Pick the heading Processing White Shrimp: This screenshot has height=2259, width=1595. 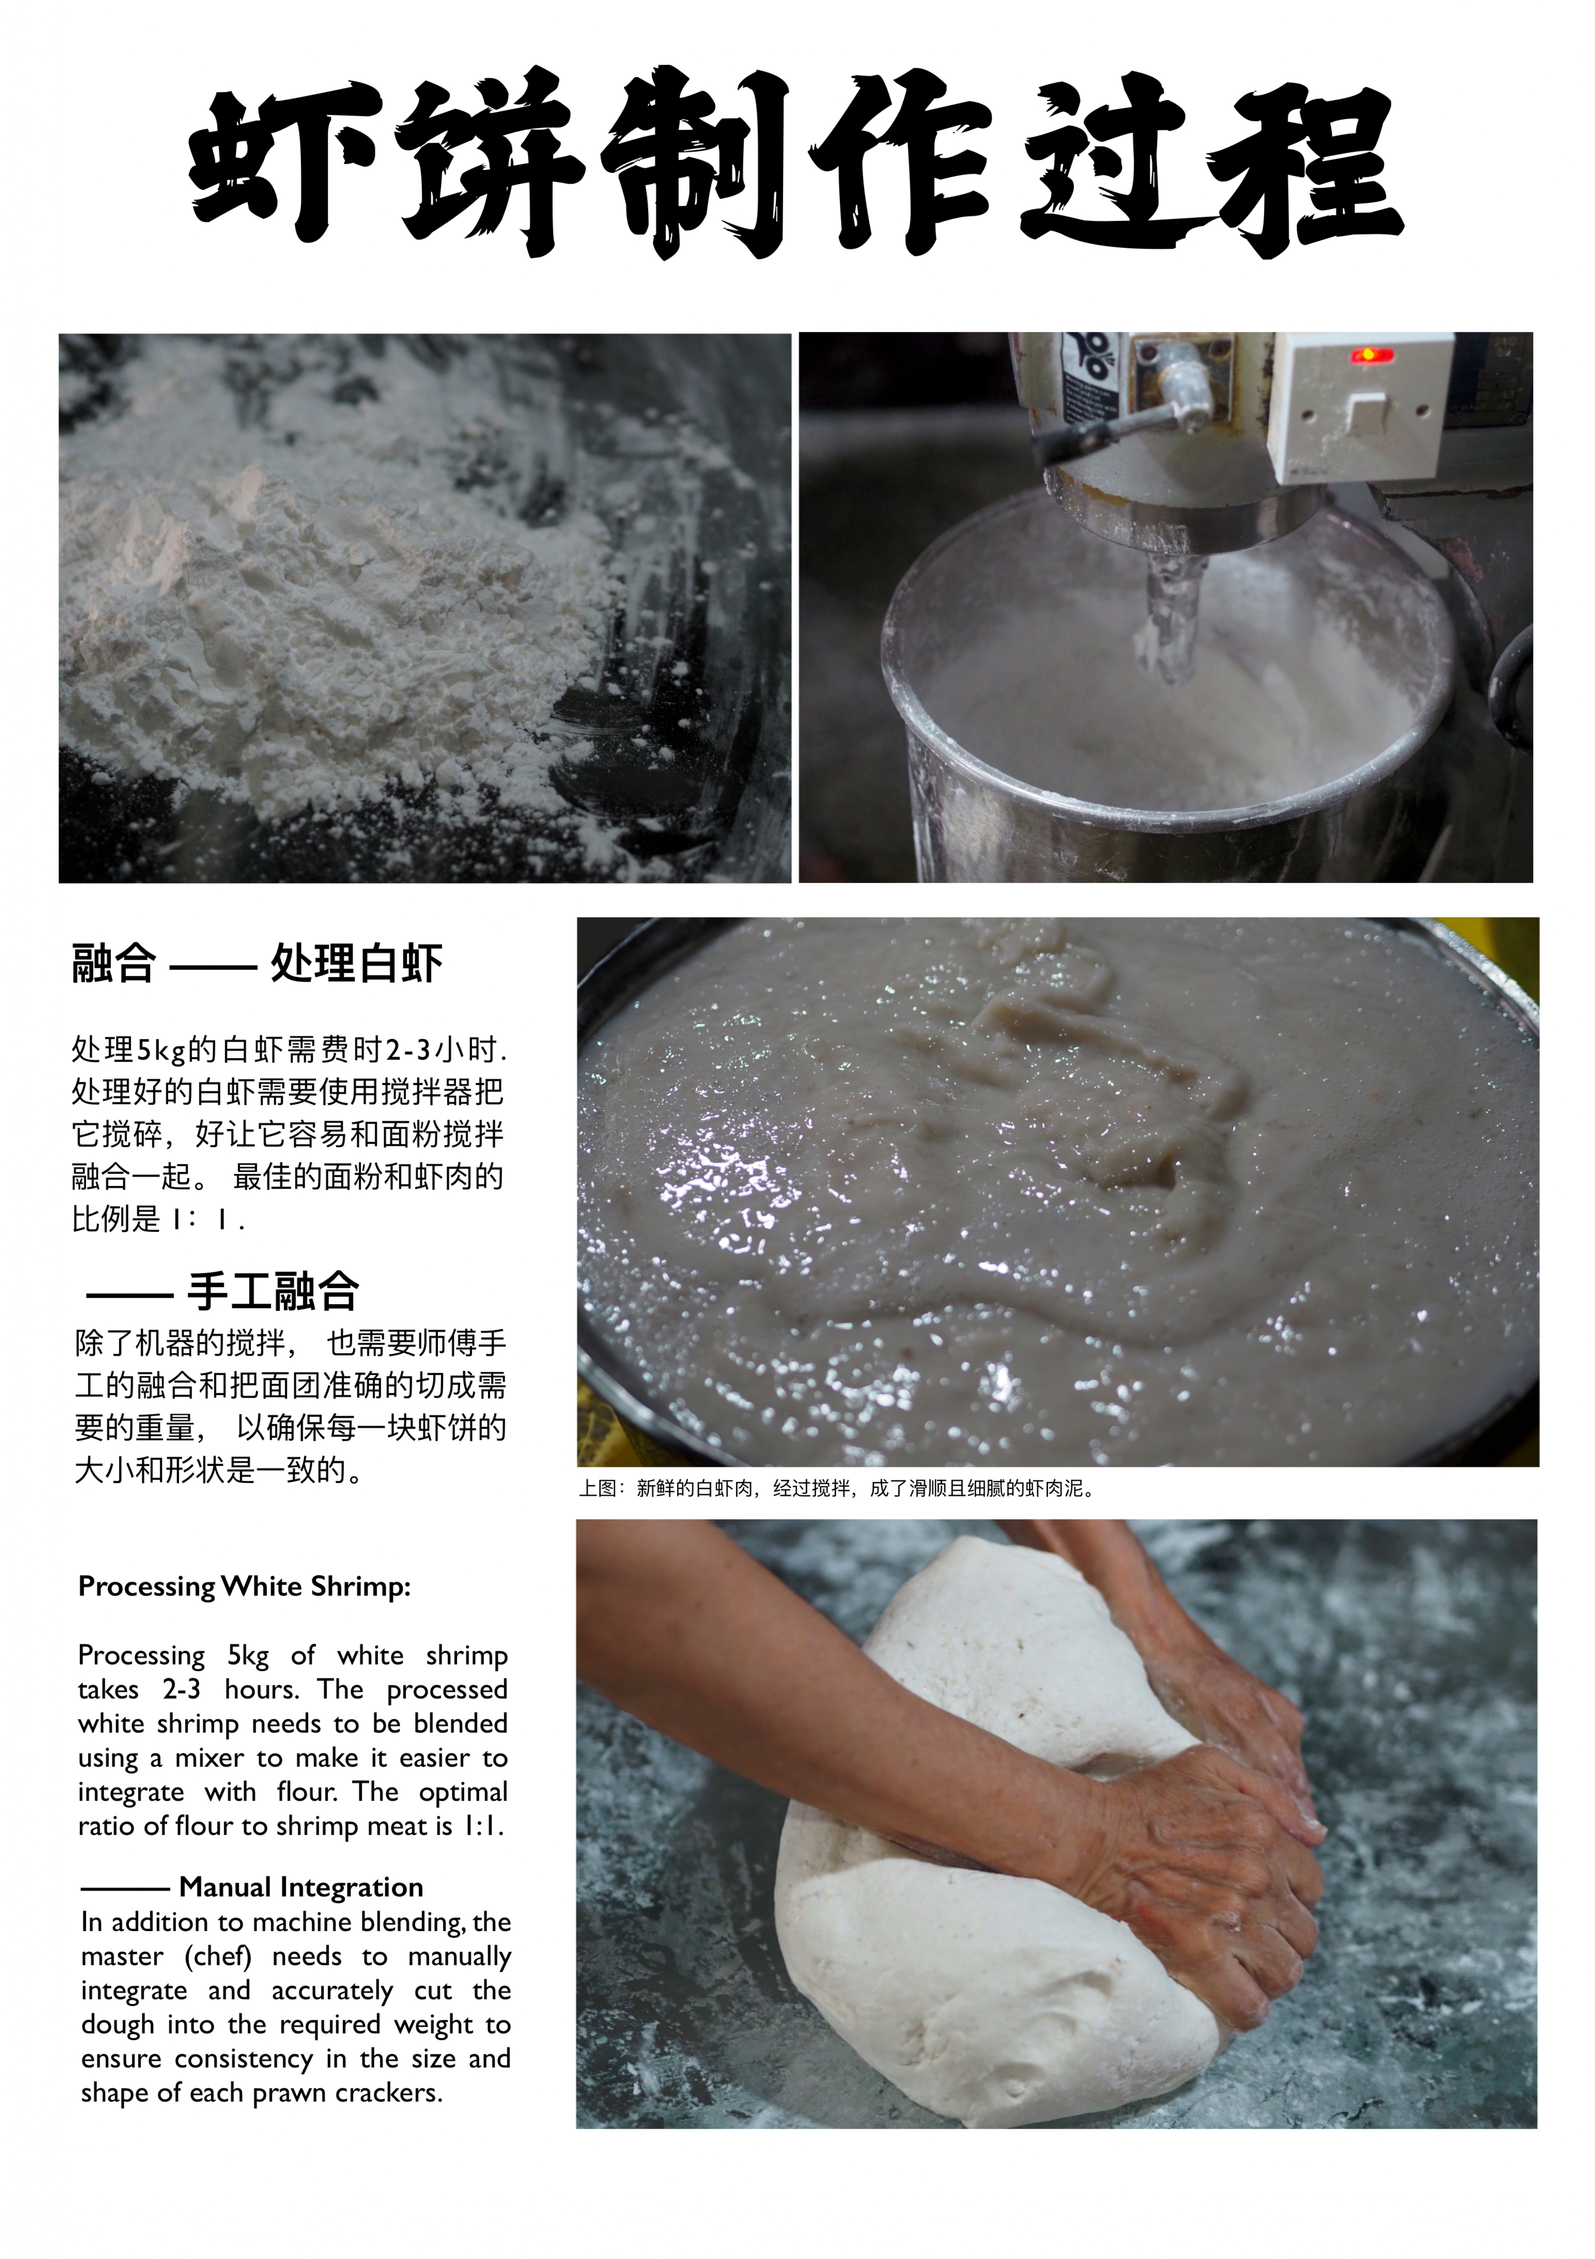click(x=244, y=1586)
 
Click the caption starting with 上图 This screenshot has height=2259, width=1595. click(x=838, y=1489)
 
